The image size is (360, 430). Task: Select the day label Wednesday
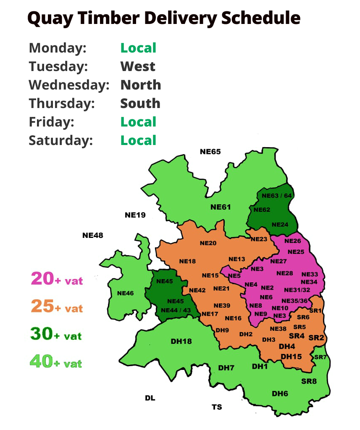point(69,85)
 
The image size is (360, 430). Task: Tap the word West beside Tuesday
point(138,66)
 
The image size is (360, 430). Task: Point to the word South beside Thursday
point(140,103)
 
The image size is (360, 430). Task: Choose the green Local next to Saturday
point(138,140)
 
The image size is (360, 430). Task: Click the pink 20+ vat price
point(57,279)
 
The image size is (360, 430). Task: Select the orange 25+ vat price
point(57,307)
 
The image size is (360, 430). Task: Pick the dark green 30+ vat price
point(56,334)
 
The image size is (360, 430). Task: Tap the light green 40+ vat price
point(56,361)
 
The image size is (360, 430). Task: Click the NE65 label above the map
point(210,152)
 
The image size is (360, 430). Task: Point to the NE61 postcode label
point(221,207)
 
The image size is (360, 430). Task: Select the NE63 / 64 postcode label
point(276,195)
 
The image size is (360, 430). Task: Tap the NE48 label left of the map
point(92,235)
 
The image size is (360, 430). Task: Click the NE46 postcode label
point(125,293)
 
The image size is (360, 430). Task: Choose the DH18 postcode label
point(181,341)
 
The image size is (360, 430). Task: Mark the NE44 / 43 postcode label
point(176,310)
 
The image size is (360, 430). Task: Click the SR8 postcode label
point(309,382)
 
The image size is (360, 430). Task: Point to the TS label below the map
point(217,407)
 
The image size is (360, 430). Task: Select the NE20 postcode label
point(208,243)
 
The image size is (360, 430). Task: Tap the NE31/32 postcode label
point(297,290)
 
